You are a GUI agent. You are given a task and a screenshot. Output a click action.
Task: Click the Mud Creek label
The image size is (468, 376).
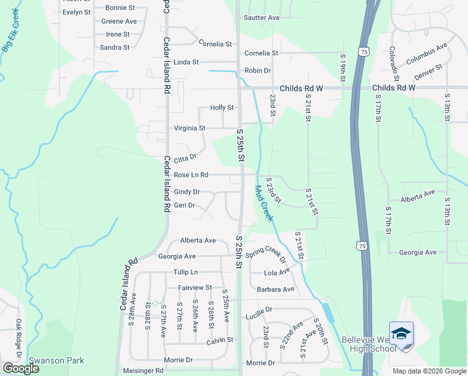(x=263, y=203)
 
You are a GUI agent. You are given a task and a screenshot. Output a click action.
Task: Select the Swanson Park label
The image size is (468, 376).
(x=56, y=361)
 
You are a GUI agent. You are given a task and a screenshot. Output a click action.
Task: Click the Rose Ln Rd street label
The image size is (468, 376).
(x=200, y=175)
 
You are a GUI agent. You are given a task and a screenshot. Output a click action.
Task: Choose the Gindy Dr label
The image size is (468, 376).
(x=186, y=192)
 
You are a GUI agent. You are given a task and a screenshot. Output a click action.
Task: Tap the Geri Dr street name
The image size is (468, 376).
(x=185, y=205)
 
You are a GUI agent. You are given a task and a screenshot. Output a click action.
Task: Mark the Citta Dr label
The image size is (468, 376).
(x=185, y=159)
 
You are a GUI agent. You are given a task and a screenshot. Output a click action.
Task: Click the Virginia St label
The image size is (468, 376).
(x=189, y=128)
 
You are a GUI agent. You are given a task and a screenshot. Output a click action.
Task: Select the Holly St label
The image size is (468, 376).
(x=221, y=108)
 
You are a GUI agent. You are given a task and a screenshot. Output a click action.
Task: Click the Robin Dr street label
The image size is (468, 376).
(x=257, y=71)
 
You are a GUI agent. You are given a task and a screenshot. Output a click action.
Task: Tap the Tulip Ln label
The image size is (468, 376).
(x=185, y=272)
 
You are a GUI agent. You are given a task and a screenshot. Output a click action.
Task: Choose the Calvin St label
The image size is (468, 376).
(x=220, y=340)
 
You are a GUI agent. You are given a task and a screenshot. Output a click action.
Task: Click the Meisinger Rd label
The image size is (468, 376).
(x=143, y=370)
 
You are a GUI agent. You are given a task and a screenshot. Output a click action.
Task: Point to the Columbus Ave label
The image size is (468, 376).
(x=426, y=54)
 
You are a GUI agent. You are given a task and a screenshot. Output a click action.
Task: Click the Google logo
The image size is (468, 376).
(x=21, y=368)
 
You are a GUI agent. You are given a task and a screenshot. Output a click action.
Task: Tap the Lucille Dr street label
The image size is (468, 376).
(x=259, y=310)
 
